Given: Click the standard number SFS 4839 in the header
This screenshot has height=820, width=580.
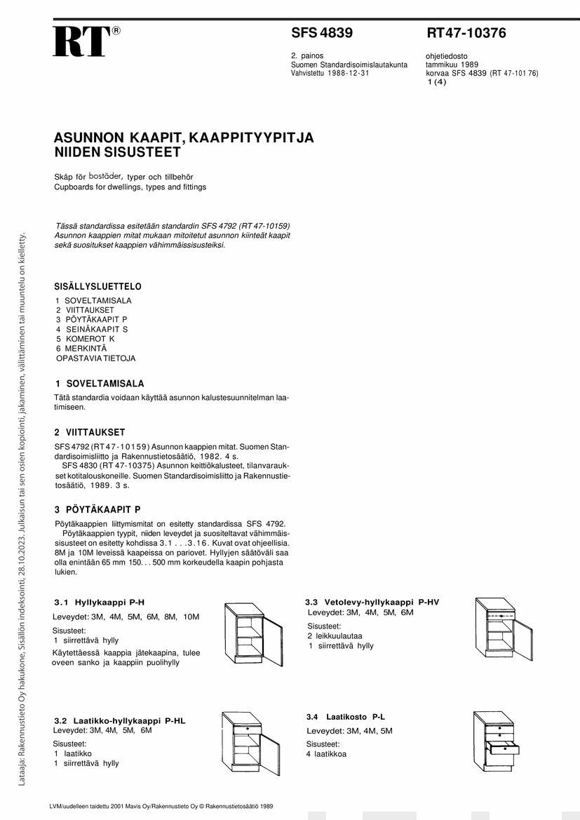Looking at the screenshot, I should click(322, 33).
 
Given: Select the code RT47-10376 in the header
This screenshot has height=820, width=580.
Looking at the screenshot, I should click(466, 33).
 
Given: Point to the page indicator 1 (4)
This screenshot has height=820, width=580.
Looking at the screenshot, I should click(436, 81).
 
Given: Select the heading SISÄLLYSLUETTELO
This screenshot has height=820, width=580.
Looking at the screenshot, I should click(97, 287).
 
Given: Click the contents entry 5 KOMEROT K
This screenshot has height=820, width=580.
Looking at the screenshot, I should click(85, 339).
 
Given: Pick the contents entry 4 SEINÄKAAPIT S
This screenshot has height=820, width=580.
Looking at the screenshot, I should click(92, 329).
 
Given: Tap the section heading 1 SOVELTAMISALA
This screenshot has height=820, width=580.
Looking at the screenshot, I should click(99, 384).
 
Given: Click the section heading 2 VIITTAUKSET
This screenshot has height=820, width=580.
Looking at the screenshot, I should click(90, 432).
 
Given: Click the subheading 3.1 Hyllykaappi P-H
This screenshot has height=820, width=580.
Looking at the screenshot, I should click(100, 602).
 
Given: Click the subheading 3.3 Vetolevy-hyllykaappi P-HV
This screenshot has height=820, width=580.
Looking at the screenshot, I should click(372, 602).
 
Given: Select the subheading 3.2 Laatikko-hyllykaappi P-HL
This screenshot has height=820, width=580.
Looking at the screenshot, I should click(120, 720).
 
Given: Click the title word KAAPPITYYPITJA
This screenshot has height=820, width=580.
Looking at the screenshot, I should click(247, 138).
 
